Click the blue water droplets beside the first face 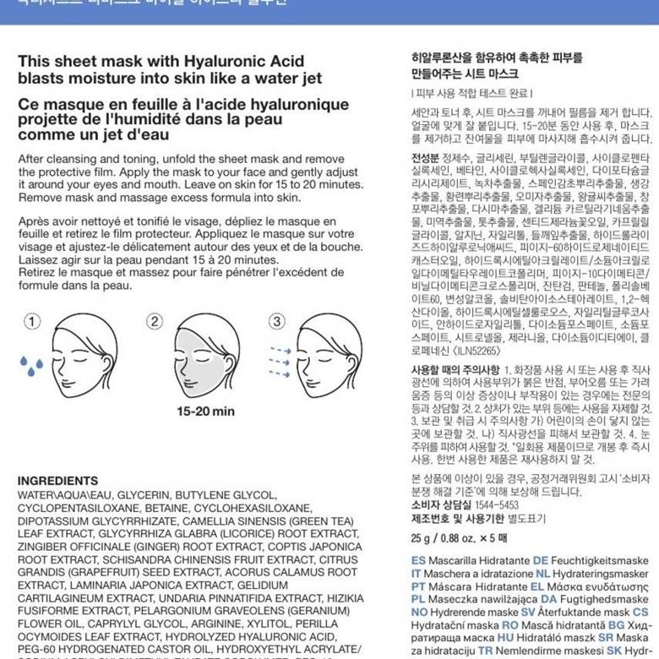coord(32,365)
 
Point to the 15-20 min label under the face coord(205,411)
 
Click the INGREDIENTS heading coord(57,480)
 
